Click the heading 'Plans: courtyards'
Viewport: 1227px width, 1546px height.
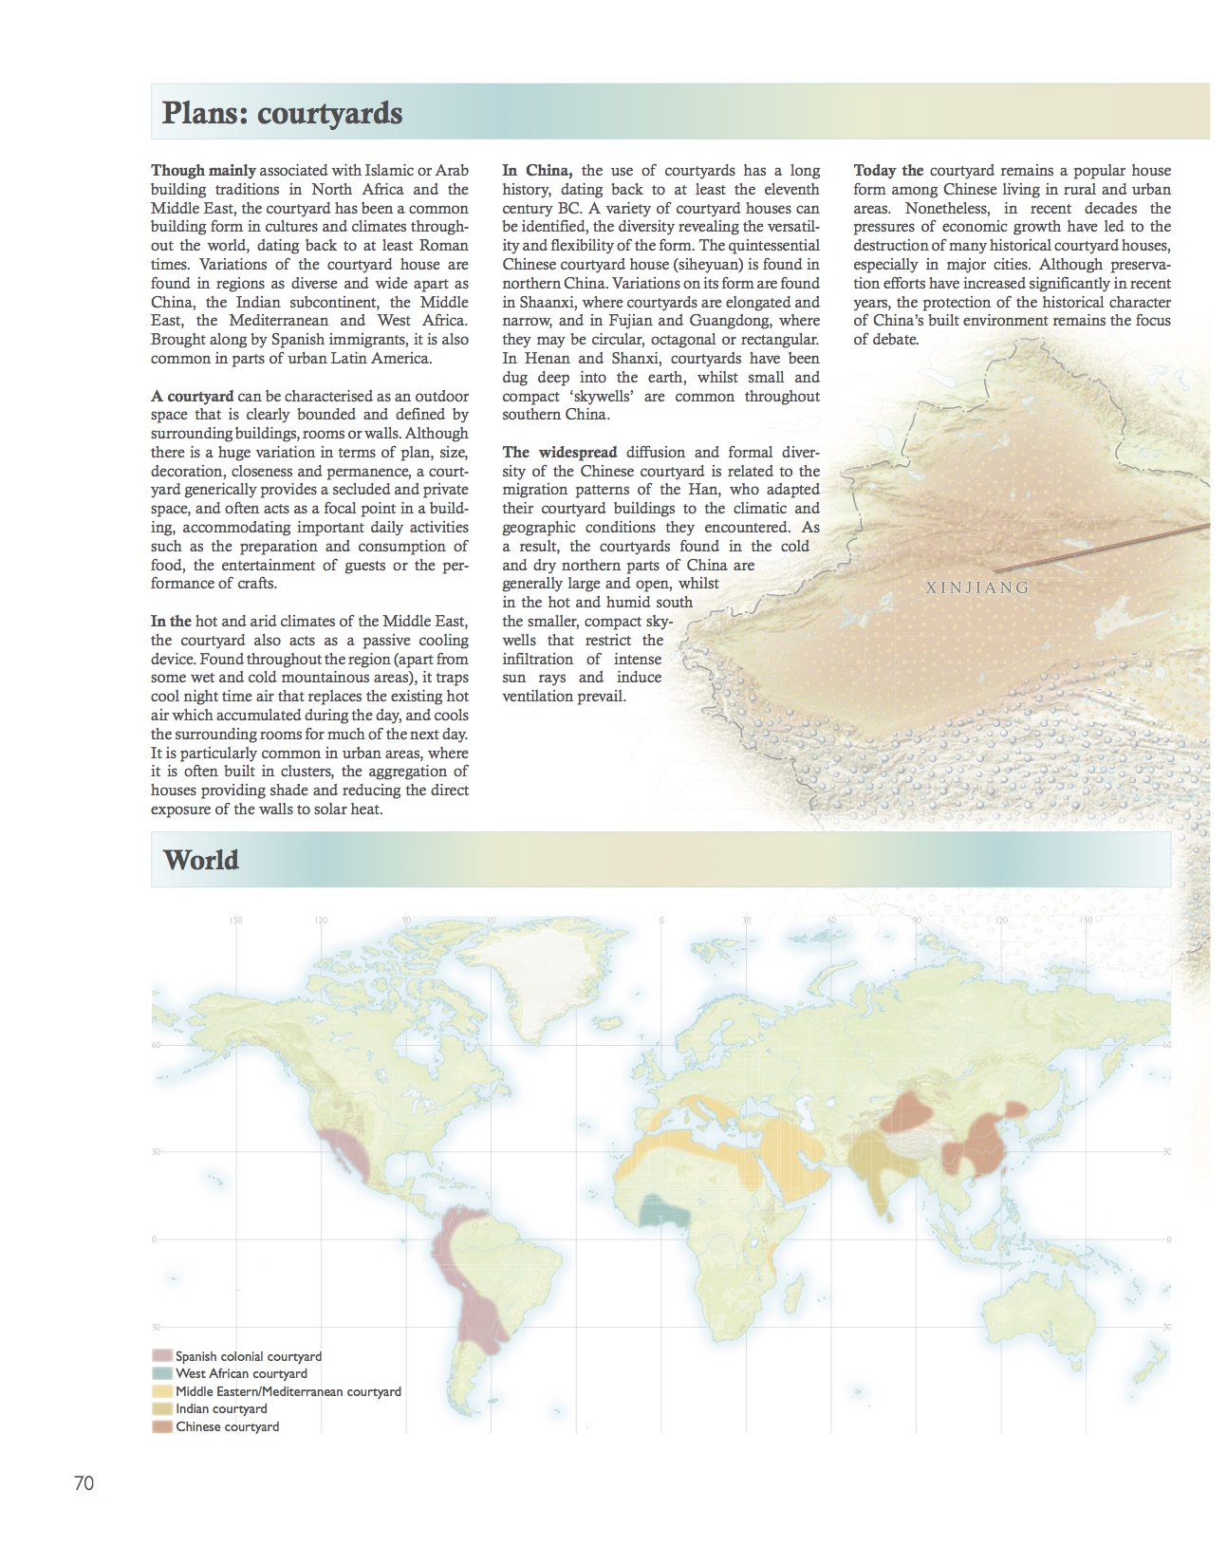click(282, 113)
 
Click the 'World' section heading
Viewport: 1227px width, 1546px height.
click(200, 860)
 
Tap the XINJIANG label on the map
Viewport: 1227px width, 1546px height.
click(976, 587)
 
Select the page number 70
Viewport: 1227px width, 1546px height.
click(84, 1483)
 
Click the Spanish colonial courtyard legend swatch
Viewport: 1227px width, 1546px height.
click(161, 1357)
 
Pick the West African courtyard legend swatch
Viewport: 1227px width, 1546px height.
click(161, 1374)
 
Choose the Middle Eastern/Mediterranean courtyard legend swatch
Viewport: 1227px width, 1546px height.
click(161, 1391)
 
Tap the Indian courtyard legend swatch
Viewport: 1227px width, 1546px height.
click(161, 1409)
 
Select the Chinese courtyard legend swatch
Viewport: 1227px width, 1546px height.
click(161, 1426)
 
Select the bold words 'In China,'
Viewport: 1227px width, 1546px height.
click(537, 171)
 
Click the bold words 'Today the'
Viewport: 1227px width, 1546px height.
click(888, 171)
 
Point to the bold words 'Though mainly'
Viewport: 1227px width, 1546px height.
click(203, 171)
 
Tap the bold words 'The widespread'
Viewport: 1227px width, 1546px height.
click(560, 453)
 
